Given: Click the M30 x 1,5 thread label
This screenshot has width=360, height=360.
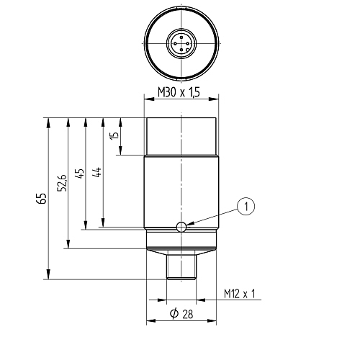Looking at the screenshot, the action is [x=179, y=92].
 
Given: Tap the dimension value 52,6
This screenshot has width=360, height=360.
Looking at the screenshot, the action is [x=62, y=183].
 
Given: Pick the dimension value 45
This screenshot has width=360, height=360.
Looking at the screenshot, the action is [x=80, y=174].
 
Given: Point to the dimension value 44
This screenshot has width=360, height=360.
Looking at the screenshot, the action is [x=97, y=172].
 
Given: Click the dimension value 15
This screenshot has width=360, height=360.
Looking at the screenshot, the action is [x=115, y=135].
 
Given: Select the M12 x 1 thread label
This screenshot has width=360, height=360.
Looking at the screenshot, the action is [x=239, y=294].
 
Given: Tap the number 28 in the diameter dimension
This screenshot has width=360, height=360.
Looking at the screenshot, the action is [x=187, y=314].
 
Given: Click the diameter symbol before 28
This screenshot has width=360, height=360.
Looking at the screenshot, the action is [x=174, y=313].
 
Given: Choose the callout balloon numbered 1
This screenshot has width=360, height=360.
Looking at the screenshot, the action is [x=246, y=206].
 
